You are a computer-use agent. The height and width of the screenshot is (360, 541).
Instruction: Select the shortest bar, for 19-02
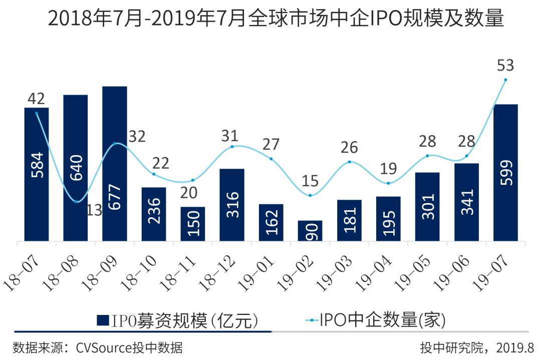[310, 231]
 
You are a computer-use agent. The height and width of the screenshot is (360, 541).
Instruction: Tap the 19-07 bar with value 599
[505, 173]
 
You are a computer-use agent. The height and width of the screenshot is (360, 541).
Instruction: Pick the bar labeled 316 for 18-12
[232, 205]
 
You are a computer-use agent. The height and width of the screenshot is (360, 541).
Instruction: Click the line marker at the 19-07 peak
[505, 80]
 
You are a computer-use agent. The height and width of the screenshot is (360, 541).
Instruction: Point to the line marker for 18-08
[76, 201]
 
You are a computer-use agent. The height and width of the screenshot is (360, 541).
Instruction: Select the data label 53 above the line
[505, 66]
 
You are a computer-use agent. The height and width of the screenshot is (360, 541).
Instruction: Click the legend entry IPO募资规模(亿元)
[178, 320]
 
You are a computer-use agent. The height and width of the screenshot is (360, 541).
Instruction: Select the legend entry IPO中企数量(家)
[376, 320]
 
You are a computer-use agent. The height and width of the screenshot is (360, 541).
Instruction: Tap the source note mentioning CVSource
[97, 347]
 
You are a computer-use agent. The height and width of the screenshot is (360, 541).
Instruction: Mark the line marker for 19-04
[388, 183]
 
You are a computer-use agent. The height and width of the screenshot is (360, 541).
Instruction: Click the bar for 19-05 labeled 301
[427, 207]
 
